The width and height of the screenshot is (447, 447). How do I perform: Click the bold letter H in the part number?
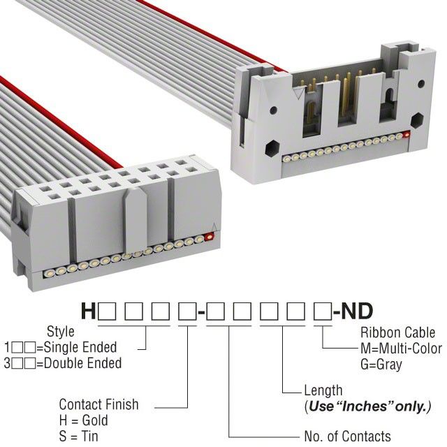[x=88, y=311]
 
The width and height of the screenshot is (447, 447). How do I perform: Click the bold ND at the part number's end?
[x=357, y=311]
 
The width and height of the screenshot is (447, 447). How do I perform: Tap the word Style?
[x=61, y=332]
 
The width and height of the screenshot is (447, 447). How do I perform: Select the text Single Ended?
[x=81, y=347]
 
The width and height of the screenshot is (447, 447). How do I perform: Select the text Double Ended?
[x=83, y=363]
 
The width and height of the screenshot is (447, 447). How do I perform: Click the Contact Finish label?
[x=98, y=404]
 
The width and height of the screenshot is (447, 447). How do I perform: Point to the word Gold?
[x=95, y=420]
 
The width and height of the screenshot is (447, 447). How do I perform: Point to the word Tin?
[x=90, y=436]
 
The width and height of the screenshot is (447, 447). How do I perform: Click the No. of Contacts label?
[x=348, y=436]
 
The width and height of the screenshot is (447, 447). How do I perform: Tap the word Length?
[x=323, y=390]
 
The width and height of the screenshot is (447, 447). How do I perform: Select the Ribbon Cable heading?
[x=397, y=332]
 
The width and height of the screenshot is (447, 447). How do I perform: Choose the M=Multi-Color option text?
[x=401, y=349]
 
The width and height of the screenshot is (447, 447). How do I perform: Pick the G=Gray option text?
[x=381, y=365]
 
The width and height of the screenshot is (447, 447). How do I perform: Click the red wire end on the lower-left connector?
[x=210, y=237]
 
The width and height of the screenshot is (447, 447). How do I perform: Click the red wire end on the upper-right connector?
[x=406, y=135]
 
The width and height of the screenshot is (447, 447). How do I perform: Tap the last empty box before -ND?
[x=323, y=312]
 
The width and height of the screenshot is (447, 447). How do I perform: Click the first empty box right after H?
[x=107, y=312]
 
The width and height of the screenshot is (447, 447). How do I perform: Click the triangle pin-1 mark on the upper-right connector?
[x=298, y=93]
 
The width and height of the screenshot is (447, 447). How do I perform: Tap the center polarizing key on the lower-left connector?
[x=135, y=221]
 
